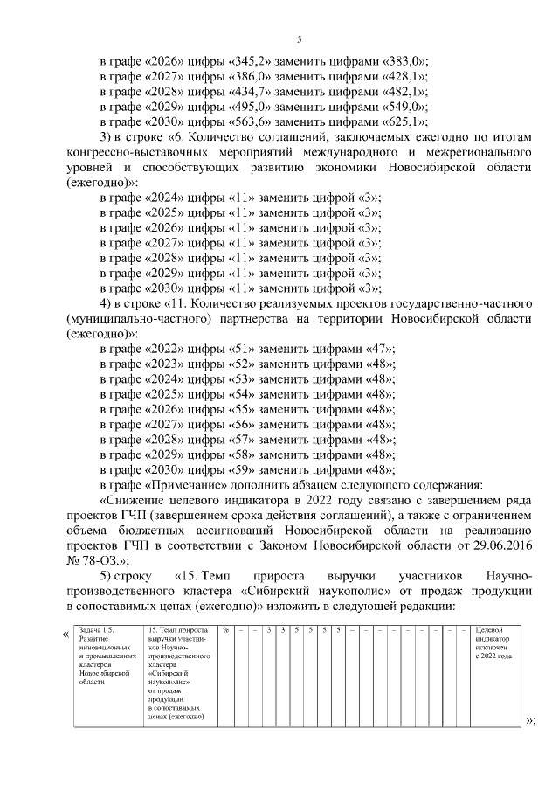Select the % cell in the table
point(224,630)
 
